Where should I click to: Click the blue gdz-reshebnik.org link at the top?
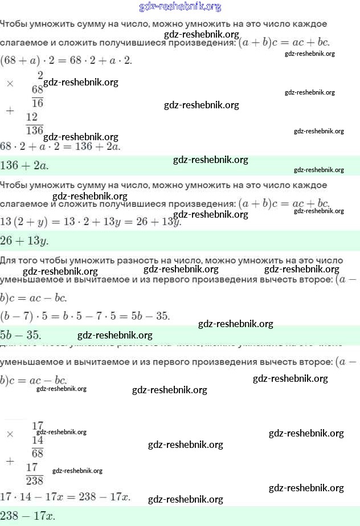click(180, 7)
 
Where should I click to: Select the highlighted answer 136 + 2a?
click(24, 166)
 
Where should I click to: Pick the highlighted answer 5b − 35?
click(21, 335)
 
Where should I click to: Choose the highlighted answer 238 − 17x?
click(27, 516)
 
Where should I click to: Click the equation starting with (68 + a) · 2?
click(66, 60)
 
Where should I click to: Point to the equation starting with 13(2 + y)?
click(91, 222)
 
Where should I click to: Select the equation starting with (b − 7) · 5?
click(85, 316)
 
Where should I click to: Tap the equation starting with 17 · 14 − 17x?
click(65, 496)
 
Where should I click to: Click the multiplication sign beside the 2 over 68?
click(10, 83)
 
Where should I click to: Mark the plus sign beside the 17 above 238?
click(10, 461)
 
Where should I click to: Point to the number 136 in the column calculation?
click(35, 131)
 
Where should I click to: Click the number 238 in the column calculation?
click(35, 480)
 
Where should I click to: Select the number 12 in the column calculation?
click(32, 117)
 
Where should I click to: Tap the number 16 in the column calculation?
click(38, 103)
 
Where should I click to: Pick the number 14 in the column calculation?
click(38, 440)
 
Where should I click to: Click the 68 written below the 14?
click(38, 454)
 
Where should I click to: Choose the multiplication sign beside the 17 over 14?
click(10, 434)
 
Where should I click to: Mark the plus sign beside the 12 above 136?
click(10, 111)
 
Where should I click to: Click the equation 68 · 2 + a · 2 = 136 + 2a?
click(60, 146)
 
